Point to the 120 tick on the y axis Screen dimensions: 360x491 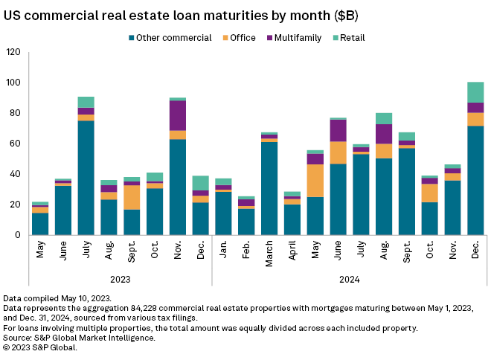(13, 52)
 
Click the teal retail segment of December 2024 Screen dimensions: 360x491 (475, 92)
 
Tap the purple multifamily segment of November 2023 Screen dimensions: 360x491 (178, 115)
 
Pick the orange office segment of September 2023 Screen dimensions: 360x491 (132, 197)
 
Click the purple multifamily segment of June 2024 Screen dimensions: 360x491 (338, 131)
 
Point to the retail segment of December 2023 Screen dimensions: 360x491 (201, 183)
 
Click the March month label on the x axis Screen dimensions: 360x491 (270, 253)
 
